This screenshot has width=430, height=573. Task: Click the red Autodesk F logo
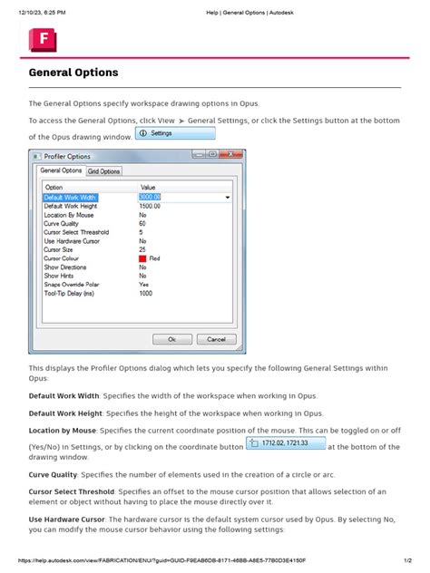(x=43, y=41)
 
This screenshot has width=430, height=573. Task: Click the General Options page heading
(x=73, y=72)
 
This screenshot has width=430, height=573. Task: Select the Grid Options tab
(x=103, y=170)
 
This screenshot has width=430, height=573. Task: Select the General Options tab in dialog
(x=61, y=170)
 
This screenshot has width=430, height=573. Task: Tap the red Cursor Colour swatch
(x=142, y=258)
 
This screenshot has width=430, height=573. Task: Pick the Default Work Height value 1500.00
(x=150, y=206)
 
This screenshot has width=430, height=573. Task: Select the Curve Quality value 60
(x=142, y=223)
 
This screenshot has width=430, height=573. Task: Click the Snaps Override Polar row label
(x=71, y=284)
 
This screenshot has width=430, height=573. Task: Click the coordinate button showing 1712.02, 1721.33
(x=285, y=443)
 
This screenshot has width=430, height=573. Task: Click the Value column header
(x=148, y=187)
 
